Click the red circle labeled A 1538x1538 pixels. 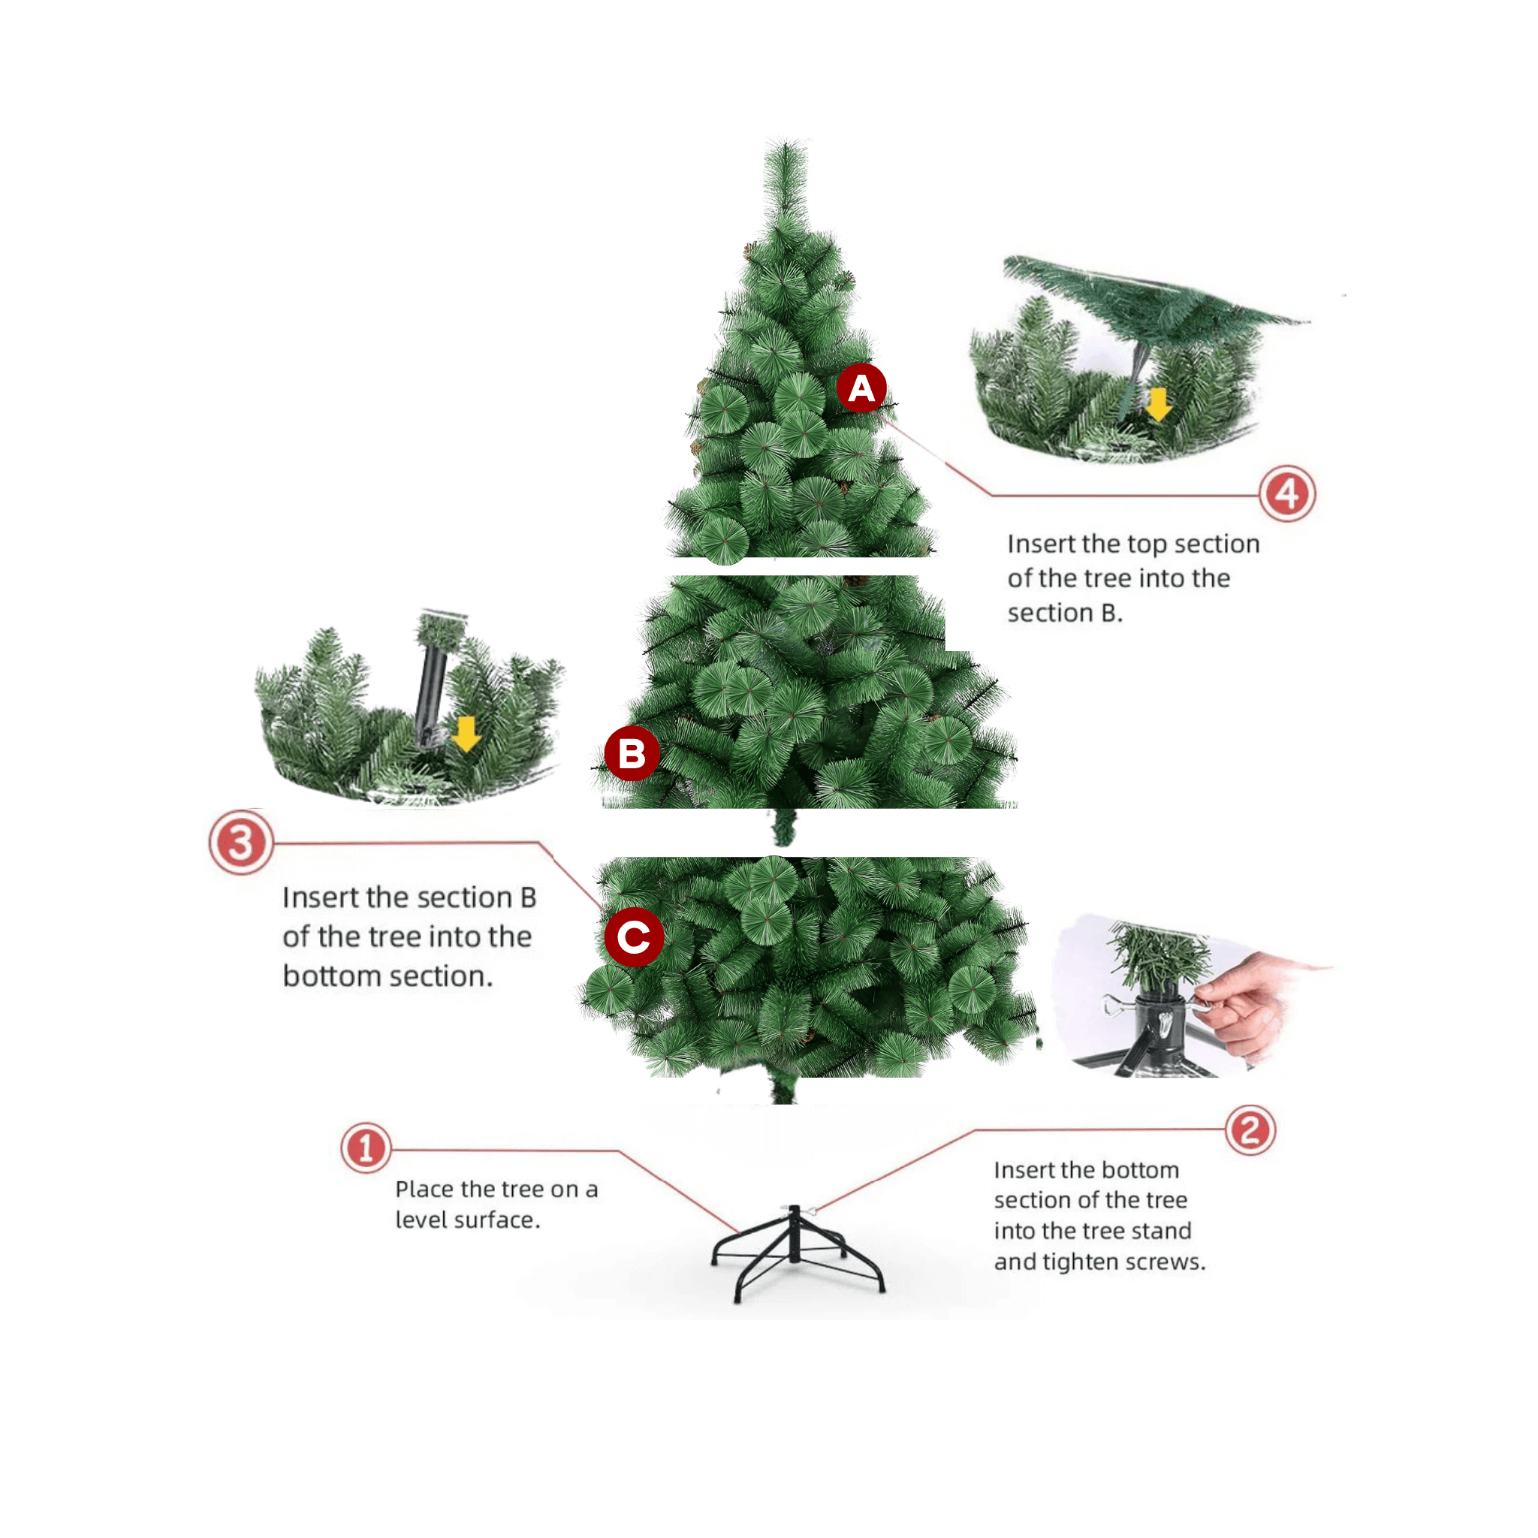click(x=861, y=388)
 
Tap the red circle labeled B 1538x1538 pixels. click(x=632, y=753)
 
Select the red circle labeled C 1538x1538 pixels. click(x=634, y=937)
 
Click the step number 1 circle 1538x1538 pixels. click(x=366, y=1148)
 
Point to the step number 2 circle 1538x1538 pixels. click(x=1250, y=1130)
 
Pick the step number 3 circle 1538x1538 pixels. click(x=241, y=843)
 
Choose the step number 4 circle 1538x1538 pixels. click(x=1287, y=493)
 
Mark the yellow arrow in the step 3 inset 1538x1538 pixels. click(x=466, y=733)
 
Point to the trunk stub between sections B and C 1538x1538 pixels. click(x=785, y=828)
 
